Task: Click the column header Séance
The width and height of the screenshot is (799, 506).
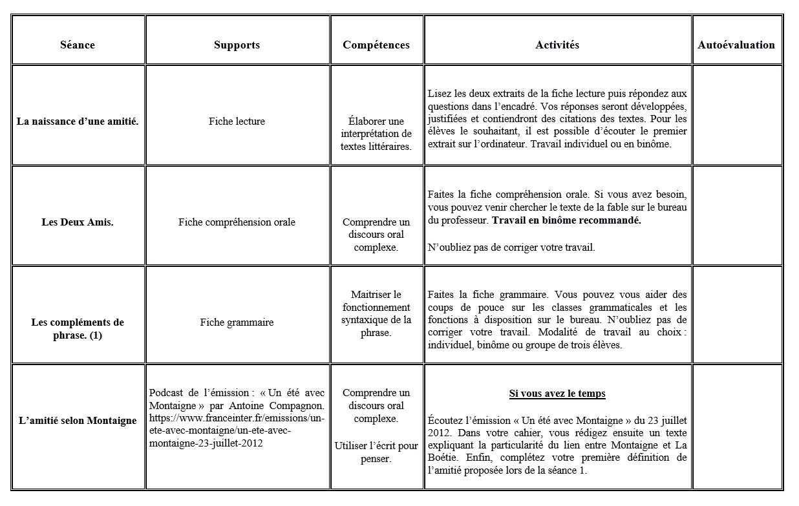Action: pos(78,45)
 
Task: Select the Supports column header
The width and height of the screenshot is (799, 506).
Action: pos(237,45)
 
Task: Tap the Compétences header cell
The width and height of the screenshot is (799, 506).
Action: pos(376,45)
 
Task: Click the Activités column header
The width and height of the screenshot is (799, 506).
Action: pos(557,45)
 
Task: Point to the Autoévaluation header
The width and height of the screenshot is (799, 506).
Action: pos(736,45)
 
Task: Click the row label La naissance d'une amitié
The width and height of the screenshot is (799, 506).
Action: pos(78,121)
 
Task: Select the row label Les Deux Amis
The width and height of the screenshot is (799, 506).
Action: pos(78,222)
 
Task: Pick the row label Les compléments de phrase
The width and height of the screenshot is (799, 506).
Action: pos(78,329)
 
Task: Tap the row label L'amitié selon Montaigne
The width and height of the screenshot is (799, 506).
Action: pos(78,421)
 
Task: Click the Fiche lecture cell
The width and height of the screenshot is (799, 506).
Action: pos(237,121)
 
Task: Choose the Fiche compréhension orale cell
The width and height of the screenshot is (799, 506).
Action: pos(237,222)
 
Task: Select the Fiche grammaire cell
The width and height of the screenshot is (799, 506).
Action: pos(237,322)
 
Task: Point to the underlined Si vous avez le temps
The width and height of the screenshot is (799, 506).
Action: pos(557,394)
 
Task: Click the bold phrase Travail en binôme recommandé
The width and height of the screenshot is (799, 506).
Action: pos(566,220)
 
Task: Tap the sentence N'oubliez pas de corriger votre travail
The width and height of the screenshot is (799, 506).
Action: pos(511,248)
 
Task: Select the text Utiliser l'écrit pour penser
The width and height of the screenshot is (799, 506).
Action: pos(376,452)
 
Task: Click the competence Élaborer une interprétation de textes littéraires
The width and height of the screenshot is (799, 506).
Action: pos(376,134)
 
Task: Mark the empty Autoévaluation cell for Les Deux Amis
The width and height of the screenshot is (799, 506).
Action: pos(736,216)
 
